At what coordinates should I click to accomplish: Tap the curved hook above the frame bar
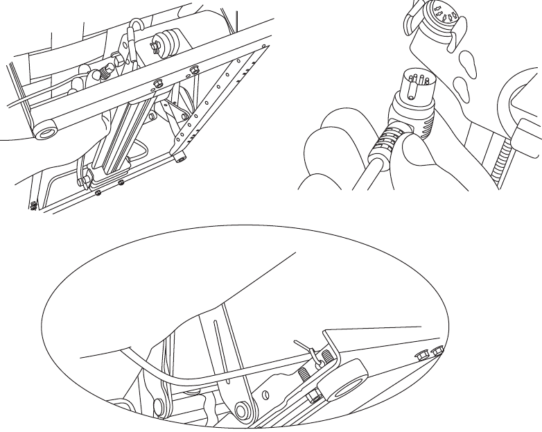[137, 31]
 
